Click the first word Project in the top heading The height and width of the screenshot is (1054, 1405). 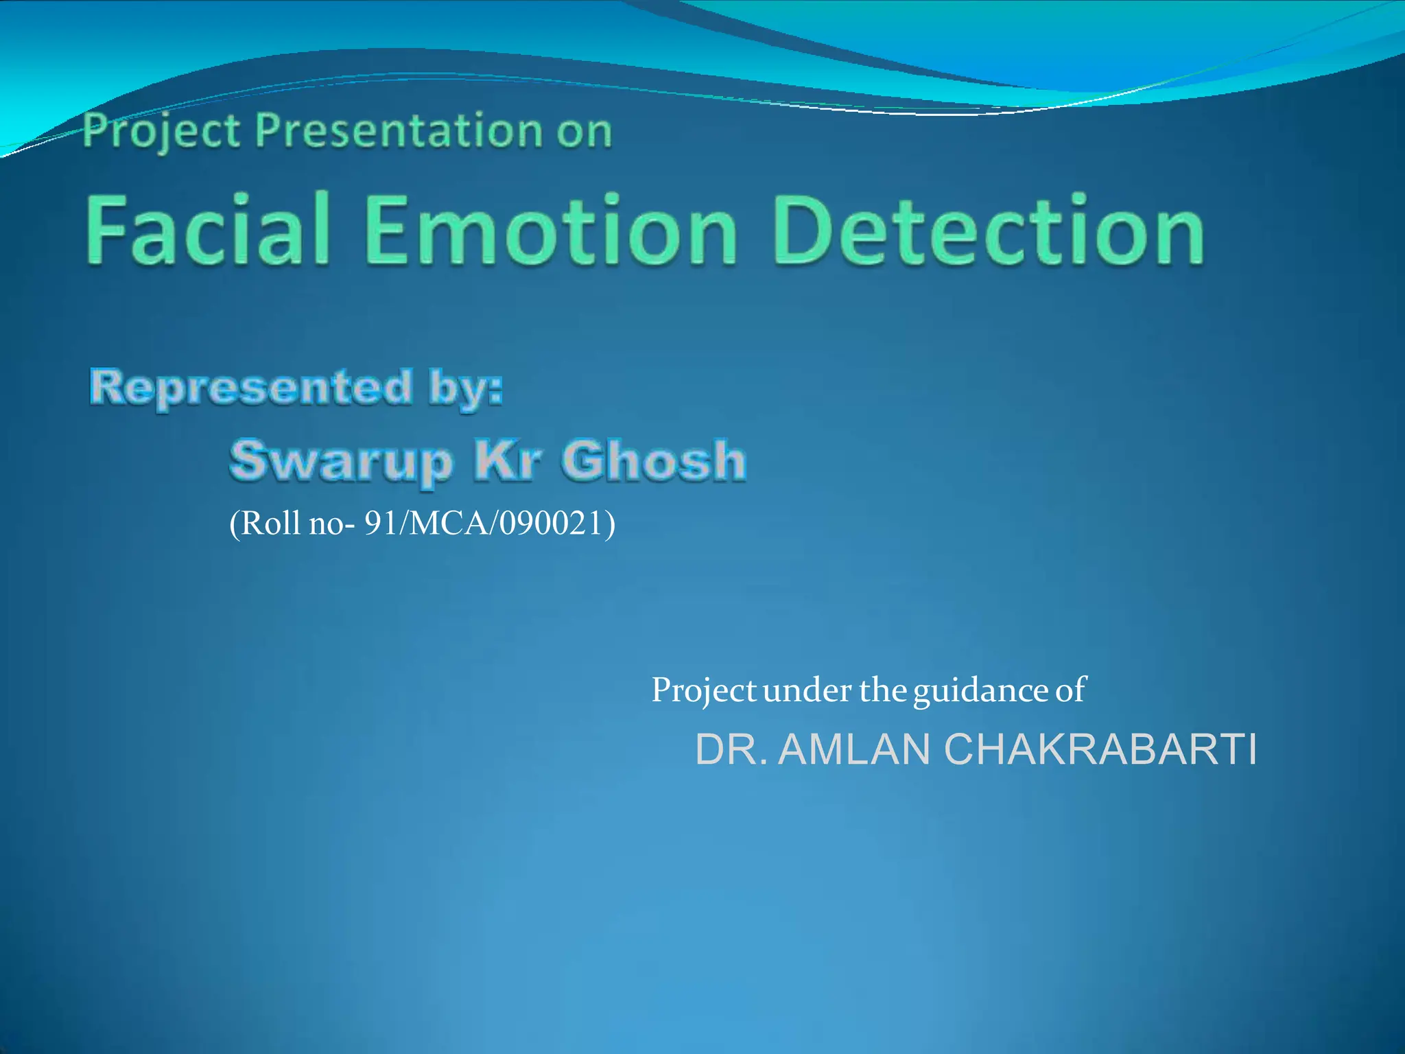click(x=162, y=131)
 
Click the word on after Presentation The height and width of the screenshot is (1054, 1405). click(x=584, y=132)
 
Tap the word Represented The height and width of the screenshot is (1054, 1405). click(x=251, y=387)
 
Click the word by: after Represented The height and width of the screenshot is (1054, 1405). click(x=466, y=388)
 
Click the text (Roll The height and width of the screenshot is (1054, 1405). click(x=265, y=524)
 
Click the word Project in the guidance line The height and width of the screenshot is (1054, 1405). click(x=703, y=690)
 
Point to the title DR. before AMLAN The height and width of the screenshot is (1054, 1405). click(x=731, y=749)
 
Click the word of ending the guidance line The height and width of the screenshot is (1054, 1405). click(x=1071, y=690)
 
